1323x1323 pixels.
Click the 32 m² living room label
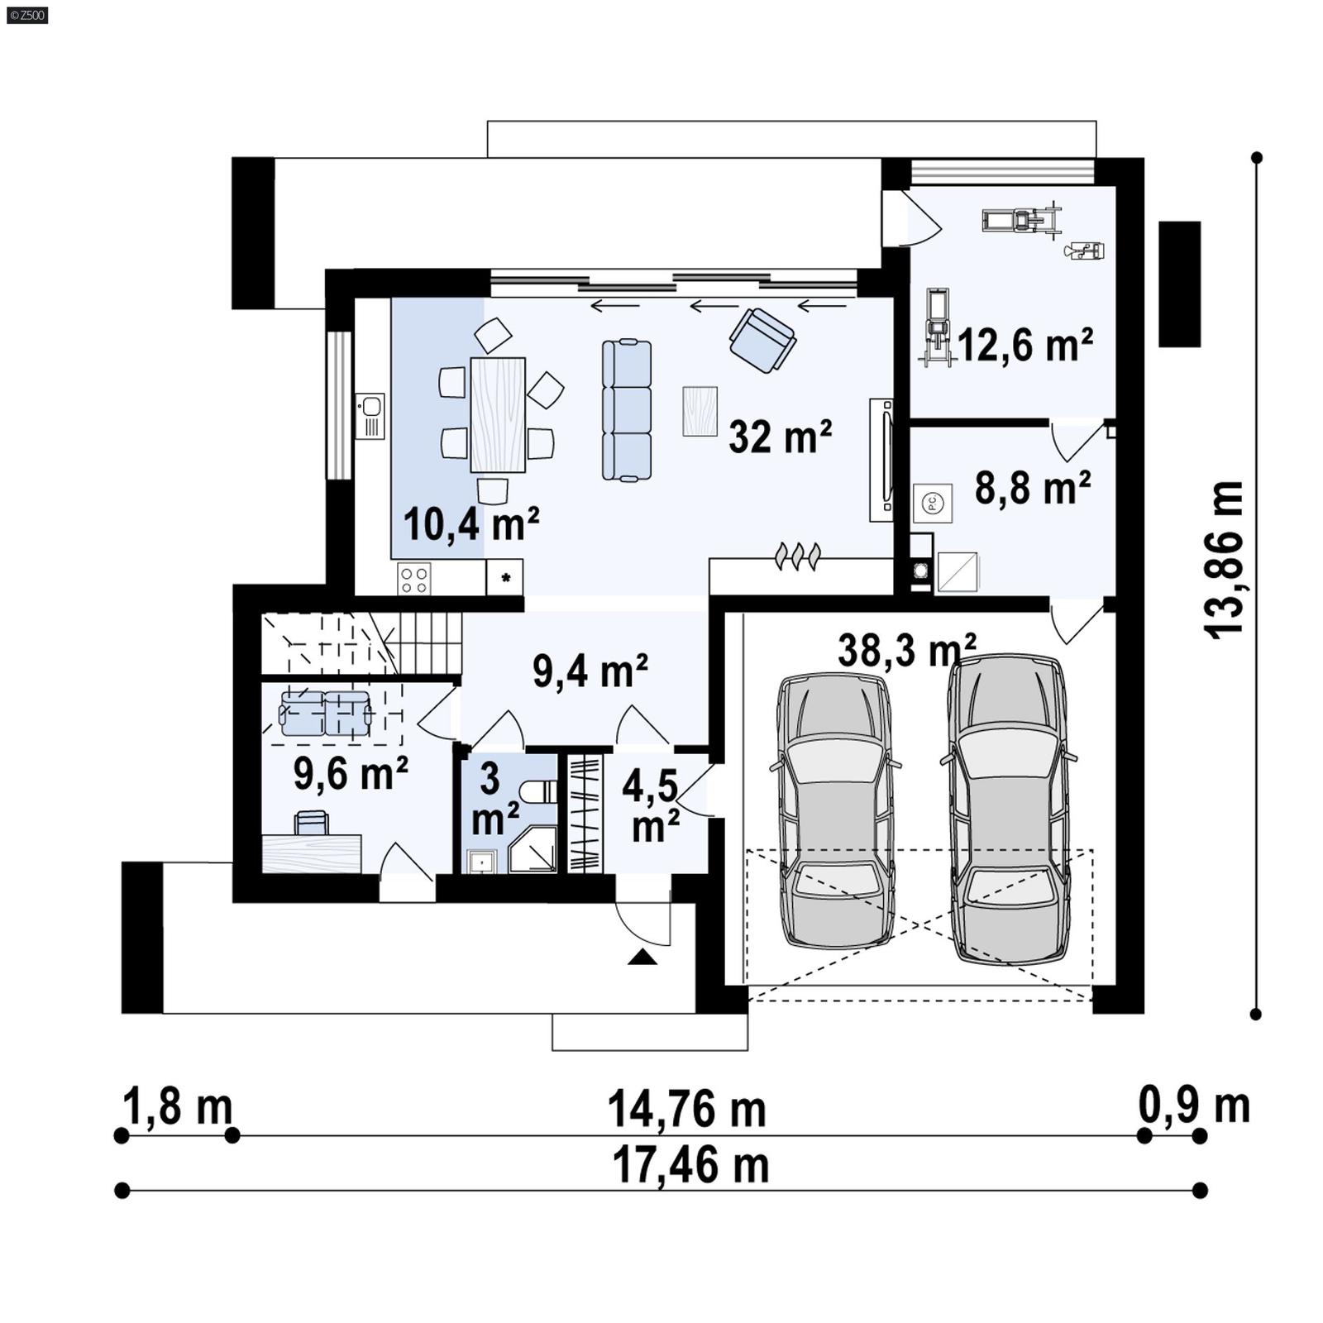779,437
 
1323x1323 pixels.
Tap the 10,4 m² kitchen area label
470,524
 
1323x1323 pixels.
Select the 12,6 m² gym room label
1025,345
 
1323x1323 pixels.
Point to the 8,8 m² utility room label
1032,488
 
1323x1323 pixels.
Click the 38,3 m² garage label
906,650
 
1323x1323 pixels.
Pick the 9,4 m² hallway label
590,671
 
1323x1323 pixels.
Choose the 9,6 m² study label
351,774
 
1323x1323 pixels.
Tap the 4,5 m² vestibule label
651,806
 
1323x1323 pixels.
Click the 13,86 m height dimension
1224,560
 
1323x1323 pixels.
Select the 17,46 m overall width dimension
690,1166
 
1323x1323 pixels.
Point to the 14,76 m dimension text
686,1110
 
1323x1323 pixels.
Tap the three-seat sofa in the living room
627,410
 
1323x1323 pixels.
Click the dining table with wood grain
497,414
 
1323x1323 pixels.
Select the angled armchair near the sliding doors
762,340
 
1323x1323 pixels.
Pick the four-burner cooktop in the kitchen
413,578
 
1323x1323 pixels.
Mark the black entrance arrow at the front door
642,958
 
